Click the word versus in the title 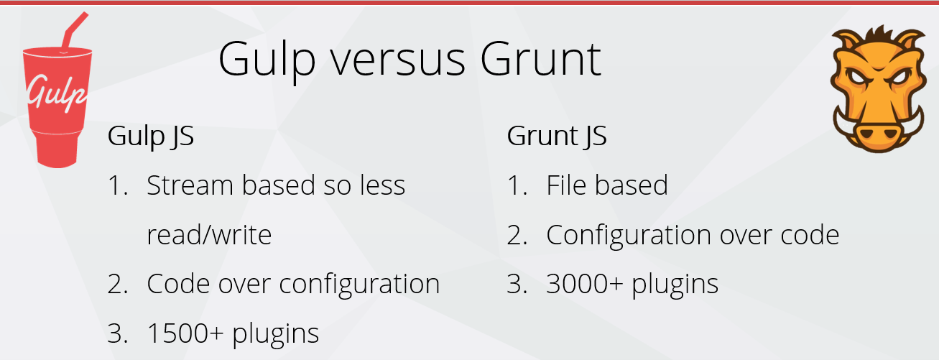click(398, 60)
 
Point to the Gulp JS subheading click(150, 137)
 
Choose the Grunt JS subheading click(557, 137)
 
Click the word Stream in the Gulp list click(190, 185)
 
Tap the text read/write click(209, 234)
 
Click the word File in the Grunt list click(566, 185)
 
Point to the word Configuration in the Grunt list click(629, 236)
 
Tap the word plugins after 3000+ click(675, 285)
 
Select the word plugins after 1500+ click(275, 334)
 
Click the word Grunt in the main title click(541, 60)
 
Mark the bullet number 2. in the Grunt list click(517, 235)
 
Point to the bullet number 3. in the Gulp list click(117, 333)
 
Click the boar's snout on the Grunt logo click(879, 134)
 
